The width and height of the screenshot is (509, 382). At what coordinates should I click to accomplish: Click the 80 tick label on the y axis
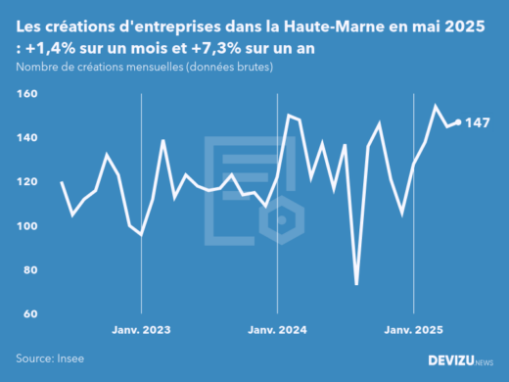(29, 270)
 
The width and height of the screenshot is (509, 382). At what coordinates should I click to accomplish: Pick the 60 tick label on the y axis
(29, 314)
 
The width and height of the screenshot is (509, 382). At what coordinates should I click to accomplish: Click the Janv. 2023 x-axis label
(142, 331)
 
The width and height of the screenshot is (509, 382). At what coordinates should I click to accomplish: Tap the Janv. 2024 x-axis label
(278, 331)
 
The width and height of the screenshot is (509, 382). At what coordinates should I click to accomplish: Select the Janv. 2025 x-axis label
(413, 331)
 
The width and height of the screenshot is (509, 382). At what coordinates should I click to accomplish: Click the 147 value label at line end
(478, 123)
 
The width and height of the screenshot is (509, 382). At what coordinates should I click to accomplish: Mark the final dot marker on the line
(458, 122)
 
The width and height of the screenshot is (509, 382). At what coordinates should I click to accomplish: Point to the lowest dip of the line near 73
(356, 284)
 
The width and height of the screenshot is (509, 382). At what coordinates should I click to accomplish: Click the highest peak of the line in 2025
(436, 106)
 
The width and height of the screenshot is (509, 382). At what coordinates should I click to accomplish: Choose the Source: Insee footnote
(48, 359)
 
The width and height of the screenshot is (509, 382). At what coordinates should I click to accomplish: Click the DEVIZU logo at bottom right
(460, 360)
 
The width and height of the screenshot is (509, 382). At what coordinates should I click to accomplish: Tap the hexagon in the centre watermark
(281, 220)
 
